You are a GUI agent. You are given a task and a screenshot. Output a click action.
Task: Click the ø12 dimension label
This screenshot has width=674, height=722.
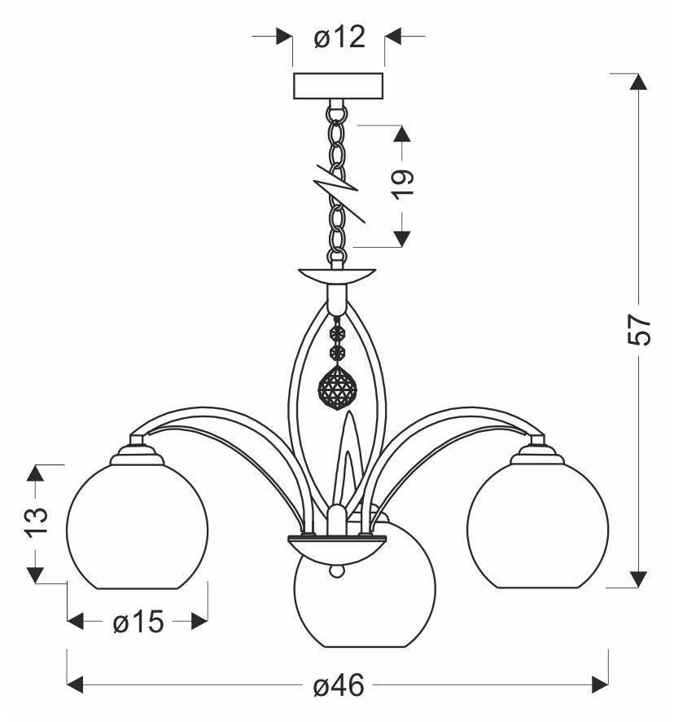tap(339, 37)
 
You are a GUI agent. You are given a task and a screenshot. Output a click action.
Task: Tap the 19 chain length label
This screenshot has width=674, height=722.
tap(403, 184)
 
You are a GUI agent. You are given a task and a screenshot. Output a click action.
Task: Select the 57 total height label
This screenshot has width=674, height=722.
tap(638, 330)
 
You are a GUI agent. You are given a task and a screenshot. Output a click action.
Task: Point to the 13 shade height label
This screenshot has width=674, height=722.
tap(37, 522)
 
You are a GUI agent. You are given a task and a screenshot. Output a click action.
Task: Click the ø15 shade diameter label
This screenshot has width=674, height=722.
tap(138, 622)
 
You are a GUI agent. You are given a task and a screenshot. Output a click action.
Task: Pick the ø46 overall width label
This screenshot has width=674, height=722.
tap(339, 685)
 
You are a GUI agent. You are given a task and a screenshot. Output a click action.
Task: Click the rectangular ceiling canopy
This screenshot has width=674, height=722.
tap(338, 86)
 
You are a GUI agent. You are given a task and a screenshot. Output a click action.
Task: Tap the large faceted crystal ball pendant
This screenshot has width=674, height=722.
tap(337, 388)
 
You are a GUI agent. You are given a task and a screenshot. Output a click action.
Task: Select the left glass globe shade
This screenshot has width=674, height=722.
tap(137, 526)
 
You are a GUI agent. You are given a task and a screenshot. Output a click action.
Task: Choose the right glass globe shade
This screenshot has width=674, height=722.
tap(538, 526)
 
